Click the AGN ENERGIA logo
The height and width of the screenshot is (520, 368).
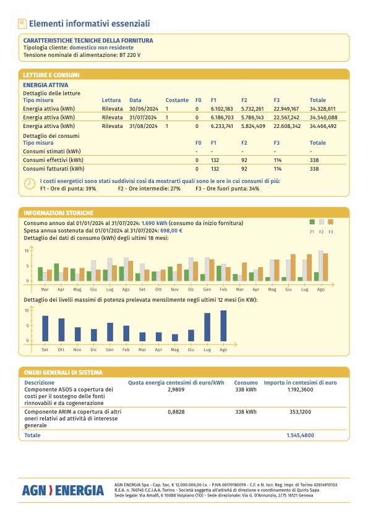pos(62,490)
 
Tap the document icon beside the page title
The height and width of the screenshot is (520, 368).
pos(22,23)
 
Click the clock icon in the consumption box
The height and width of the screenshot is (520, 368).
pos(30,184)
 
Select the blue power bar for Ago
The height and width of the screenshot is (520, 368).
pos(223,326)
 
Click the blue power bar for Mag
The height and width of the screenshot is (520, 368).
pos(175,338)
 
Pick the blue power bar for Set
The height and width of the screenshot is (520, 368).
pos(45,328)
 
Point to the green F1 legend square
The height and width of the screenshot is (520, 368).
pos(312,222)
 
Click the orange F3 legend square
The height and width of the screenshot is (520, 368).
pos(330,222)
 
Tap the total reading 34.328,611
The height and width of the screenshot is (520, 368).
pos(322,109)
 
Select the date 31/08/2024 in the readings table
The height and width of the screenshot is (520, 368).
pos(143,126)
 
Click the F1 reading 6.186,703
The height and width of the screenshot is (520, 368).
pos(222,117)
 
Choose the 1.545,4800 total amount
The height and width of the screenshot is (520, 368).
pos(301,435)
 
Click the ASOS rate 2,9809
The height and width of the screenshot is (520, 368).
pos(176,390)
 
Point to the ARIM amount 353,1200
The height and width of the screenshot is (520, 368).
pos(301,412)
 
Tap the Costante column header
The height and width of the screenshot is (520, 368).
pos(177,100)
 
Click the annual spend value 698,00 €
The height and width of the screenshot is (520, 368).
pos(171,231)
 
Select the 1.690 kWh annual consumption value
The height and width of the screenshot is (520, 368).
pos(154,223)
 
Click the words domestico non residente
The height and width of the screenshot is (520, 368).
pos(101,48)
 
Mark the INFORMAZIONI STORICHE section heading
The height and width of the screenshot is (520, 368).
pos(58,213)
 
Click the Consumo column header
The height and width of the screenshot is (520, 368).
pos(246,383)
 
